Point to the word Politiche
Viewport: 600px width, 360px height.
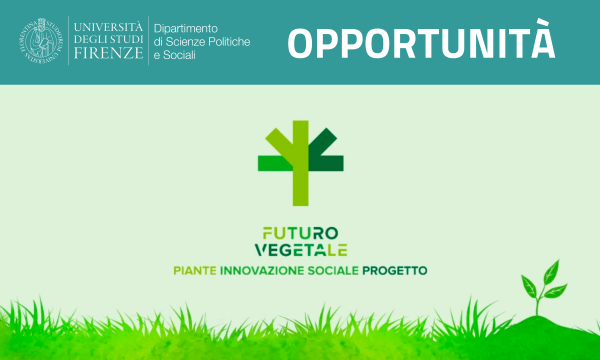(x=227, y=41)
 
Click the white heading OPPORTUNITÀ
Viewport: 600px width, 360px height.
(x=421, y=43)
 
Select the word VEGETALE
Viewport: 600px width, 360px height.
(x=301, y=250)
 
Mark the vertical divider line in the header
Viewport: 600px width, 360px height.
(x=148, y=41)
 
